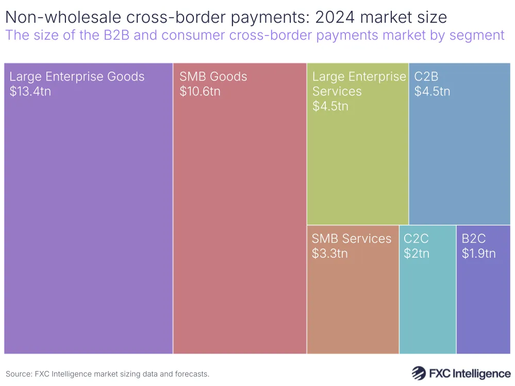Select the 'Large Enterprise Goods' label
point(77,77)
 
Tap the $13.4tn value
point(30,92)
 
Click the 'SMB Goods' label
point(213,77)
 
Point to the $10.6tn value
point(200,92)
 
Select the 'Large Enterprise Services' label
point(359,84)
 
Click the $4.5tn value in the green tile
point(330,106)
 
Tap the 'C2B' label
point(426,77)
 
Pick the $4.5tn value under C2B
point(432,92)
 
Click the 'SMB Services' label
point(352,239)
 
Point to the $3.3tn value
point(329,254)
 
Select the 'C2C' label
point(416,239)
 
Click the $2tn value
point(416,254)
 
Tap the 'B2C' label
point(473,239)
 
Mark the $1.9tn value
point(478,254)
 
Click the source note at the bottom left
point(107,374)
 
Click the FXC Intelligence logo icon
point(418,373)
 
